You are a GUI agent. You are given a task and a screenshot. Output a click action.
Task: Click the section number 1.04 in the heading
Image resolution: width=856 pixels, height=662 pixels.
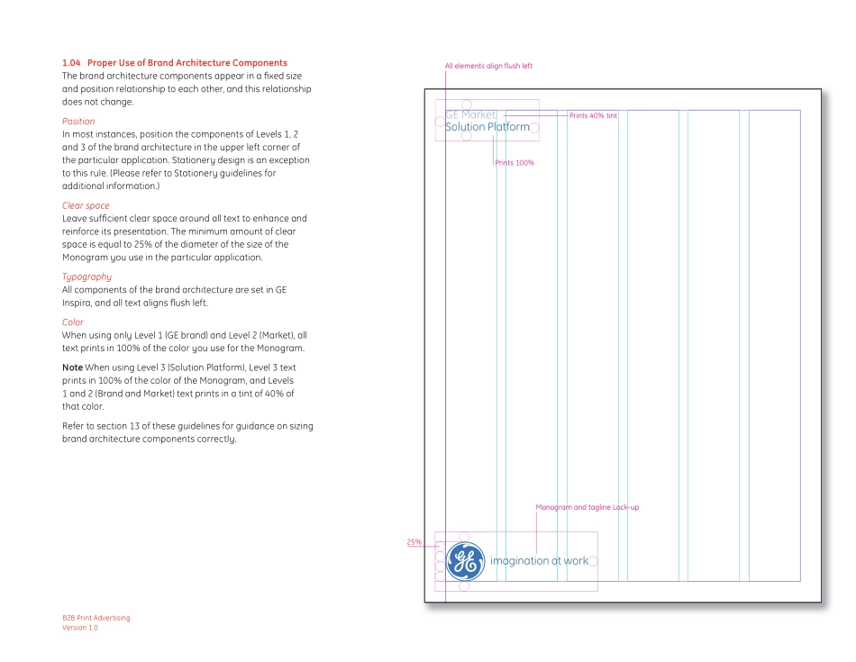[x=71, y=63]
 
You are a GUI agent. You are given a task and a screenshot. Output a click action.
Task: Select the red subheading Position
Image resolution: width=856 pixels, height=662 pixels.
[x=78, y=122]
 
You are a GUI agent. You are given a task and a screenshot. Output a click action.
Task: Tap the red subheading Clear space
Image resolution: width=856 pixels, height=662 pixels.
[x=86, y=206]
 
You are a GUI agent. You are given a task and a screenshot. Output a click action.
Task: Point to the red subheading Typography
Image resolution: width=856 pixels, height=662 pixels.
[x=87, y=277]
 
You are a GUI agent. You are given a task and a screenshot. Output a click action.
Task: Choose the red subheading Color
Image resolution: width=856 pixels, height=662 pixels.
[x=73, y=322]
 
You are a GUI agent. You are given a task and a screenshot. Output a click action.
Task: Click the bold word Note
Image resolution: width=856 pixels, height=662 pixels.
[x=72, y=367]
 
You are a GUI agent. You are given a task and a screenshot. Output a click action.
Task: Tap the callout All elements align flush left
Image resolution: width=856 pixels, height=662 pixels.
[x=488, y=66]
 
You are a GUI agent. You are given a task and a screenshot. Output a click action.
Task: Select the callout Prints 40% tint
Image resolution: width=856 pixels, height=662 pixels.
[x=593, y=115]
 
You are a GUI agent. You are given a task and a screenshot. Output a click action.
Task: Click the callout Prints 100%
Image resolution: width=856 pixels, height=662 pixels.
[x=515, y=163]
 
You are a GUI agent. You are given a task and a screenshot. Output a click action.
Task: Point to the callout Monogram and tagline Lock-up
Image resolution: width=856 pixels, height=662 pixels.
[x=587, y=507]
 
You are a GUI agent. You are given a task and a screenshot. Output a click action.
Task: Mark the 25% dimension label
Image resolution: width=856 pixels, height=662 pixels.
[x=414, y=542]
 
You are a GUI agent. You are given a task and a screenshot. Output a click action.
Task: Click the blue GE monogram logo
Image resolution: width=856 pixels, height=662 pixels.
[x=465, y=561]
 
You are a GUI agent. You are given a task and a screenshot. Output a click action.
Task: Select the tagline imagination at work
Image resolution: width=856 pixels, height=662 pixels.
[x=539, y=561]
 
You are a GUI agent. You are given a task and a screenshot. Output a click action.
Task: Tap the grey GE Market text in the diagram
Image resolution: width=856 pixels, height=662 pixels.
[x=470, y=115]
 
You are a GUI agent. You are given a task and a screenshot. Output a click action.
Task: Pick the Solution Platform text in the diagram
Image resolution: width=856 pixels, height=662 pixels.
[x=487, y=128]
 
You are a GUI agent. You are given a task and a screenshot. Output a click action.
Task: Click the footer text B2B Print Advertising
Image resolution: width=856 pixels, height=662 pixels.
[x=96, y=618]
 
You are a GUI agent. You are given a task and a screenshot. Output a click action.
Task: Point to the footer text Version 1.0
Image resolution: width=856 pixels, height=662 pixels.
[x=80, y=628]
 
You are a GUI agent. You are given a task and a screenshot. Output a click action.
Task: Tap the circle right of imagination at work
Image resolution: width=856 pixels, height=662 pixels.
[x=593, y=561]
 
